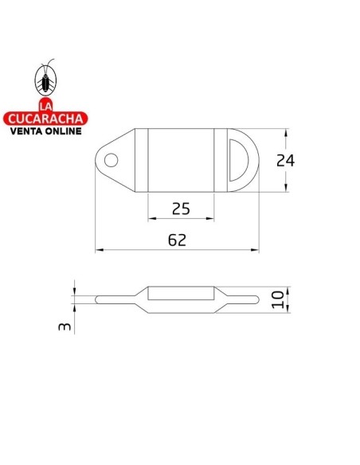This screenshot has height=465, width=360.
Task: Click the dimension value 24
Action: [x=284, y=160]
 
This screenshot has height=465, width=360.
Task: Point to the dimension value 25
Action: [x=181, y=209]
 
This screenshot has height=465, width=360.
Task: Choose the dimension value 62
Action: [x=178, y=240]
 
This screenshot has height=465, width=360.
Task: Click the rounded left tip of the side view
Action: [x=98, y=299]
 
